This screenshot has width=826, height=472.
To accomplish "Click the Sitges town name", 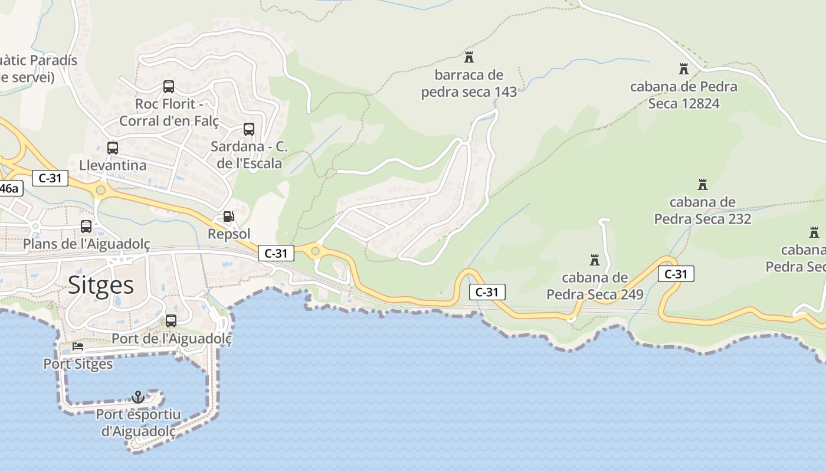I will [101, 286].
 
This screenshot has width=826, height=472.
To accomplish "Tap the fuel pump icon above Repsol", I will [228, 217].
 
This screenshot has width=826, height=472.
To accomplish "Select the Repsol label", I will [229, 234].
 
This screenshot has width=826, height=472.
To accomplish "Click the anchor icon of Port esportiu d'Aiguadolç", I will [138, 397].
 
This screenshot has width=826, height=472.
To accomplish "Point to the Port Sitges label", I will [78, 364].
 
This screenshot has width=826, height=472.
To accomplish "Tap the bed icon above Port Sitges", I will [78, 346].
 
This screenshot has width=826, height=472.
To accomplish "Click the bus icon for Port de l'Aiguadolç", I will [171, 321].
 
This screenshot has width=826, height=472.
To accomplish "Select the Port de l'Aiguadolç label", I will [172, 339].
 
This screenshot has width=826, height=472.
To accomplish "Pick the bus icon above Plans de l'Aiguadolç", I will [86, 226].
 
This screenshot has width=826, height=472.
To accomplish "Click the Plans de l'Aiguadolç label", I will [87, 244].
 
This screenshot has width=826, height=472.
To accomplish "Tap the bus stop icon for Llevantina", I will [113, 148].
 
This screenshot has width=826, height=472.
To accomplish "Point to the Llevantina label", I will [113, 165].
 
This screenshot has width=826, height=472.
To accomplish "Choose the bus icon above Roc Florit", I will [169, 87].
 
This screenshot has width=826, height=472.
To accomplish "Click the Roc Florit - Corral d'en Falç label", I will [169, 113].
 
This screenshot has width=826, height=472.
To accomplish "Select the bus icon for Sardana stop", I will [249, 129].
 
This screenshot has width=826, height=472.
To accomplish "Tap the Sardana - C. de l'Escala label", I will [249, 155].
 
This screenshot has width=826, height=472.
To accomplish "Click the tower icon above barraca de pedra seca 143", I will [469, 57].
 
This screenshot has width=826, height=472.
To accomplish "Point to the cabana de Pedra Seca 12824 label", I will [684, 95].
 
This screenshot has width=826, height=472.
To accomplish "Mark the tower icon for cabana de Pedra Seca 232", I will [703, 185].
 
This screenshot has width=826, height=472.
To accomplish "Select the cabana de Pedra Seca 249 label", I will [595, 286].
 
